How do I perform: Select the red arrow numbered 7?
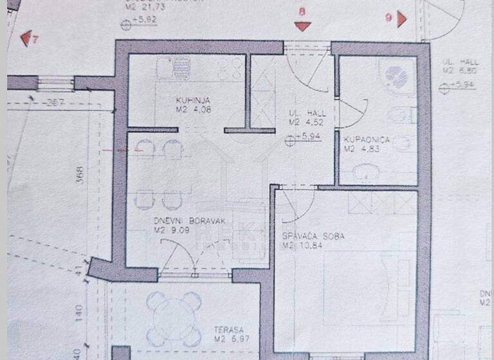click(27, 40)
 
